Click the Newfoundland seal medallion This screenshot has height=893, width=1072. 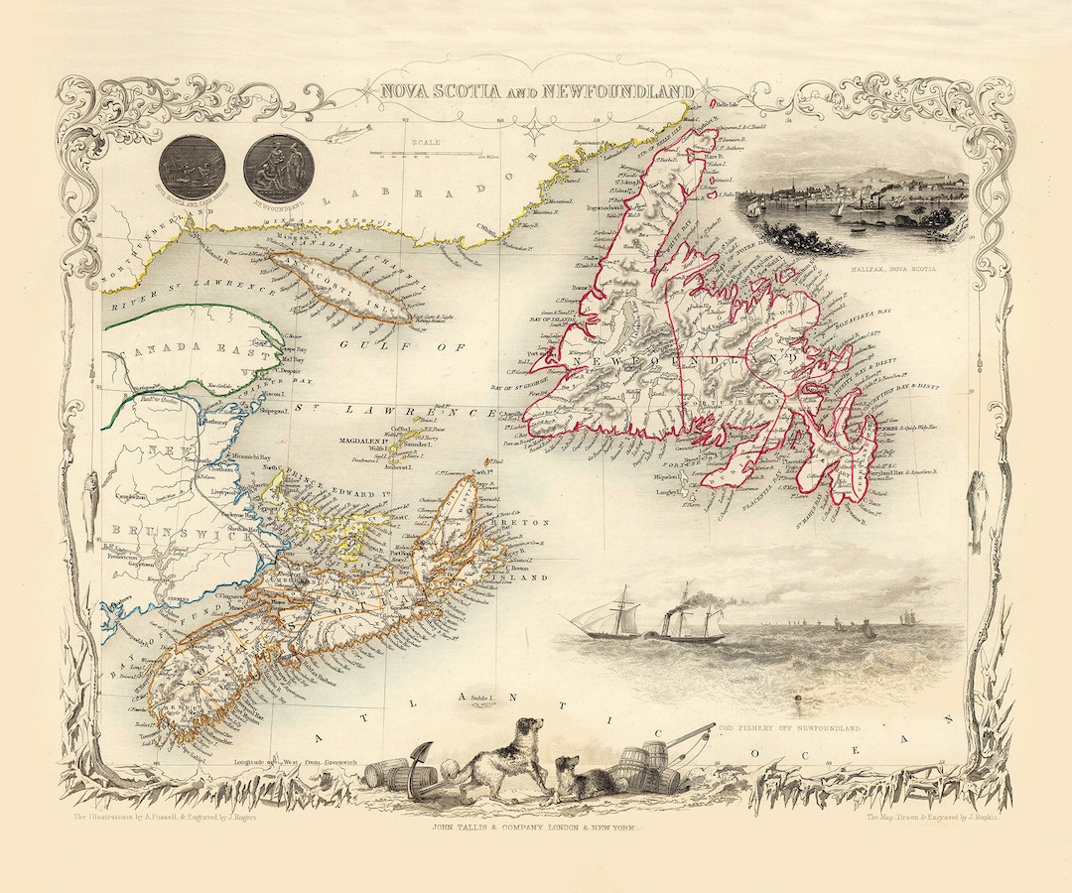tap(278, 169)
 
